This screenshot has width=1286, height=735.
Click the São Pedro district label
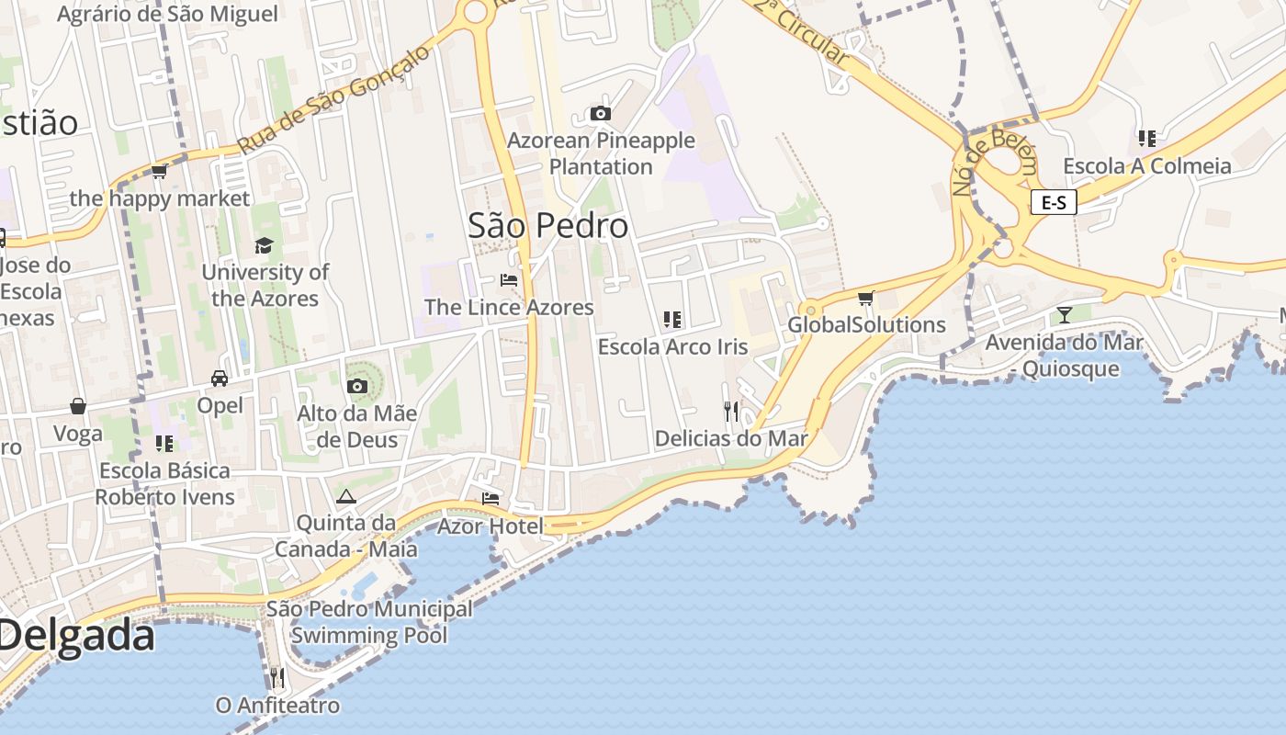pos(548,226)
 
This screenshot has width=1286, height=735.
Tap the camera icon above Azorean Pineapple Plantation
pos(600,114)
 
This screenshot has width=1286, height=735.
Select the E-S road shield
pos(1054,202)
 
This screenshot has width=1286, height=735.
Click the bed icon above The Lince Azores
pos(509,280)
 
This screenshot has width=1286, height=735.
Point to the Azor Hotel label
pos(491,526)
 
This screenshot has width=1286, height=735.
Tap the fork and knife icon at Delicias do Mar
pos(731,412)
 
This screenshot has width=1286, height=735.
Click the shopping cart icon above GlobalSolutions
pos(865,298)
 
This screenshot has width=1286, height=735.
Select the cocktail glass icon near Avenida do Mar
pos(1065,315)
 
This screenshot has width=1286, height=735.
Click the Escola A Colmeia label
pos(1147,166)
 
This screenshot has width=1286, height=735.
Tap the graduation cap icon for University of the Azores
pos(265,245)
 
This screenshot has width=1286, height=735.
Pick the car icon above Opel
pos(220,379)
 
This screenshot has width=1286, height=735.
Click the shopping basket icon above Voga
pos(78,406)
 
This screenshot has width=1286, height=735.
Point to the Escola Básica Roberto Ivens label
pos(165,484)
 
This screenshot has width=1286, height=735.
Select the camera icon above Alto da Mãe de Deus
pos(357,387)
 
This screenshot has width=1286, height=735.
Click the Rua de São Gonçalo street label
pos(333,100)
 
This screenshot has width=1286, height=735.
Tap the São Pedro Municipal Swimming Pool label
pos(369,622)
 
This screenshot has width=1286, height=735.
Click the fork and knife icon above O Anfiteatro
pos(276,678)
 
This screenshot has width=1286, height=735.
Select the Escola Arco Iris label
pos(672,347)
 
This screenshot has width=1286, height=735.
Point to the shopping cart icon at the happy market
pos(159,172)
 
